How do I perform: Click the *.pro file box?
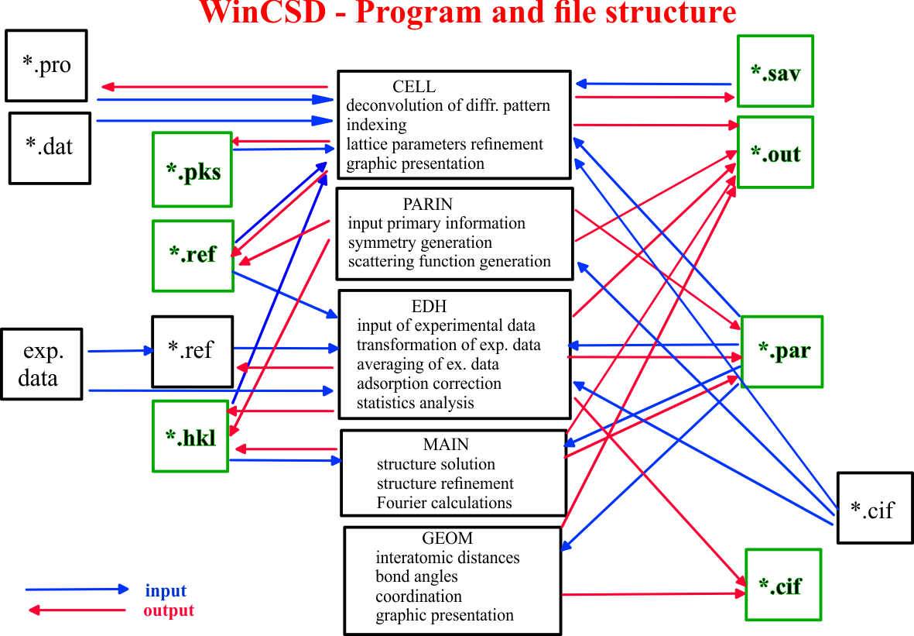(46, 66)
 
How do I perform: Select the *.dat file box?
(50, 148)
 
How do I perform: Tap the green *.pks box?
(193, 170)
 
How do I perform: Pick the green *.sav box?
(775, 71)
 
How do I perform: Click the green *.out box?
(775, 153)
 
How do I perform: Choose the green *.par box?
(782, 352)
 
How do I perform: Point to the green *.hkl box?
(190, 436)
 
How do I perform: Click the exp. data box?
(41, 364)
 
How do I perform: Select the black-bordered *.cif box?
(875, 508)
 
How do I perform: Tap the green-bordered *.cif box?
(783, 585)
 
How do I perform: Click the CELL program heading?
(414, 86)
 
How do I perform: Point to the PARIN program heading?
(428, 205)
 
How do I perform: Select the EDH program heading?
(429, 306)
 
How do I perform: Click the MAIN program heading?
(446, 445)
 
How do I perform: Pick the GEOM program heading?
(447, 538)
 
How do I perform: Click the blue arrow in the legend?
(77, 590)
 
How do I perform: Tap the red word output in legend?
(169, 611)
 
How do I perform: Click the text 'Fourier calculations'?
(444, 503)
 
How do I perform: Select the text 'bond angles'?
(417, 577)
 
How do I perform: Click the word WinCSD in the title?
(262, 12)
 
